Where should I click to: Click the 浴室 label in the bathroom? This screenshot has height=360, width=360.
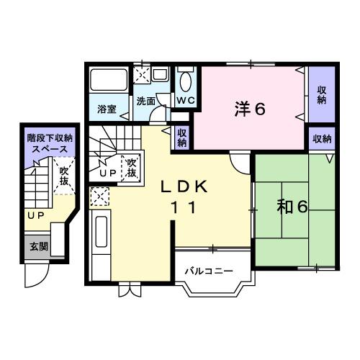pos(108,110)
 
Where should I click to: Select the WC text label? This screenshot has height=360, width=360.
pos(185,101)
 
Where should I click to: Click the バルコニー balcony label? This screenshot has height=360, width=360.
pos(208,271)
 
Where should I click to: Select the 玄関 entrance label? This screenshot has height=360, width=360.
pos(38,246)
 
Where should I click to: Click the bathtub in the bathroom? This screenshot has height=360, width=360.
pos(107,82)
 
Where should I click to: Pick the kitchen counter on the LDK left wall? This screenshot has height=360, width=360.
pos(100,245)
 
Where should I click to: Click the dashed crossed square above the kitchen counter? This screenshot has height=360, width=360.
pos(99,196)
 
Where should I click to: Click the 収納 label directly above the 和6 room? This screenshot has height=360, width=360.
pos(322,138)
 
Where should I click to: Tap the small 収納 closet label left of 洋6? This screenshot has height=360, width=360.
pos(183,138)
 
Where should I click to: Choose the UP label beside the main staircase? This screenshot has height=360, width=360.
pos(108,174)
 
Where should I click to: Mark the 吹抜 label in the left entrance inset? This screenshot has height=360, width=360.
pos(64,176)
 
